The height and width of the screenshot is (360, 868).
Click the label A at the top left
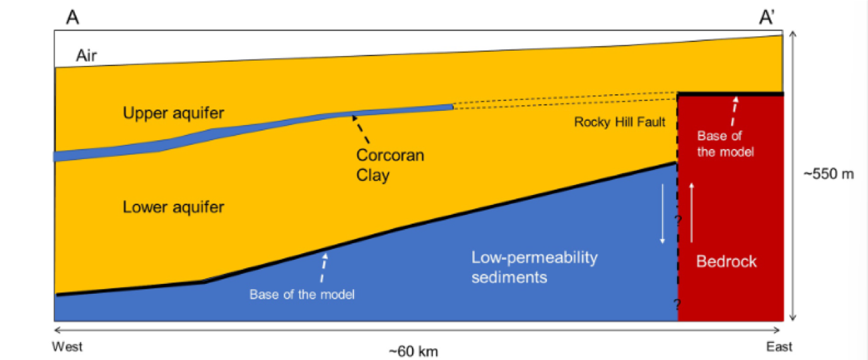[x=73, y=17]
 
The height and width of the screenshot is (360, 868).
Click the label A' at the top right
[x=767, y=17]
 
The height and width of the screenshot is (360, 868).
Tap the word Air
[x=86, y=55]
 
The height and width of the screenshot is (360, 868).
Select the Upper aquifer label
[x=173, y=113]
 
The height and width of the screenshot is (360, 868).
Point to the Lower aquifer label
[x=173, y=207]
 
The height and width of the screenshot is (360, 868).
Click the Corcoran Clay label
[x=390, y=165]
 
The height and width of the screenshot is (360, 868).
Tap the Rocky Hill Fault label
[x=620, y=122]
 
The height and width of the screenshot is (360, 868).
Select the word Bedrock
[x=726, y=262]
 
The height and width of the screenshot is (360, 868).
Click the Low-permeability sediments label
[x=534, y=267]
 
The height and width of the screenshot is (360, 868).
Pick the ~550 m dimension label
[x=829, y=174]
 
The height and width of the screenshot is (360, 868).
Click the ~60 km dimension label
[x=413, y=351]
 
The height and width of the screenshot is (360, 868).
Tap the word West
[x=67, y=347]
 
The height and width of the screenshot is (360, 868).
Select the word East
[x=779, y=347]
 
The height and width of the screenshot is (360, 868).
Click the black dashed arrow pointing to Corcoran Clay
[x=361, y=129]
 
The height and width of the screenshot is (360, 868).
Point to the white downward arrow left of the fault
[x=662, y=214]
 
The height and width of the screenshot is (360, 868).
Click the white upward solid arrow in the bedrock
[x=692, y=213]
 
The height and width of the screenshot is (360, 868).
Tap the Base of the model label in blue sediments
[x=302, y=295]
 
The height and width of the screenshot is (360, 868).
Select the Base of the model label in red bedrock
[x=725, y=144]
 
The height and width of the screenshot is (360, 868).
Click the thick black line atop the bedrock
[x=730, y=94]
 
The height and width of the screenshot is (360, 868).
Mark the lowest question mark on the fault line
[x=677, y=303]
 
